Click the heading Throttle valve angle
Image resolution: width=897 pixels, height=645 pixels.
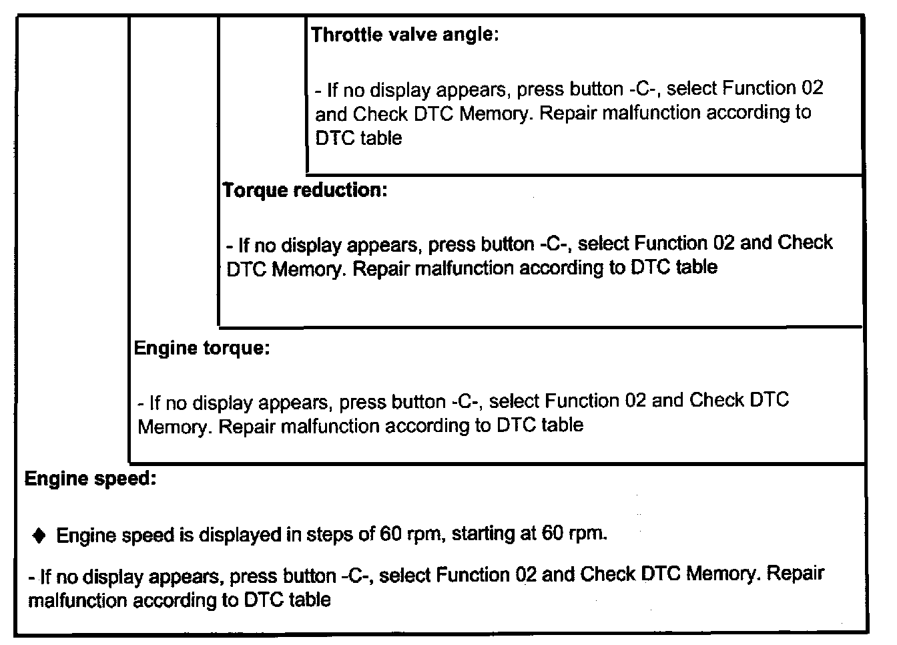[x=404, y=35]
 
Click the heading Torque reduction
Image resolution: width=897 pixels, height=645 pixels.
[x=304, y=191]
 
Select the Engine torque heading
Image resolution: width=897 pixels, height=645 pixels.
[x=202, y=349]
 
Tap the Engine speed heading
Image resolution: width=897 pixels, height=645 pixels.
[x=90, y=479]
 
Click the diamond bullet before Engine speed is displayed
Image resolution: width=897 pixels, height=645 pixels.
[x=39, y=535]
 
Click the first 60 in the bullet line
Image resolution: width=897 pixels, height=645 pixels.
[x=390, y=535]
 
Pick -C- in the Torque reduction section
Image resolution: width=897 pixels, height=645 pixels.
[x=555, y=244]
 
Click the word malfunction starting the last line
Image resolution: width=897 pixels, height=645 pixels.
[x=78, y=600]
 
